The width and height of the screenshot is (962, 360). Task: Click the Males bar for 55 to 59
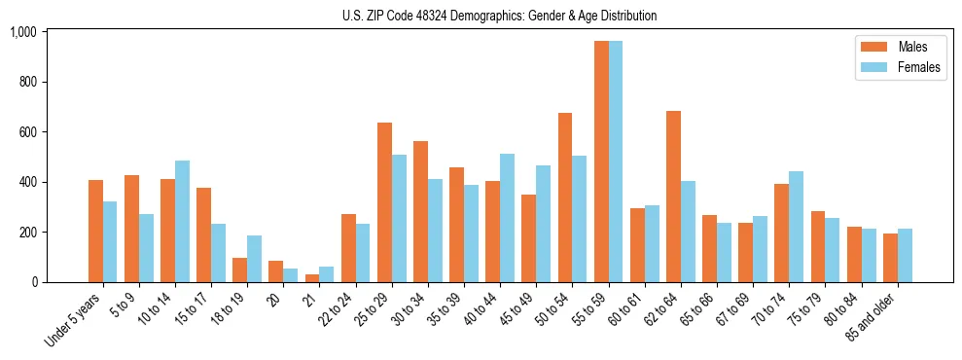(601, 162)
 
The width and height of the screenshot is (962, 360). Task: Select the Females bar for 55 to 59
(616, 162)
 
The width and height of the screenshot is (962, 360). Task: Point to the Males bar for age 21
(312, 278)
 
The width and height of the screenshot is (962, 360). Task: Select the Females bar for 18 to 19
(254, 259)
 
